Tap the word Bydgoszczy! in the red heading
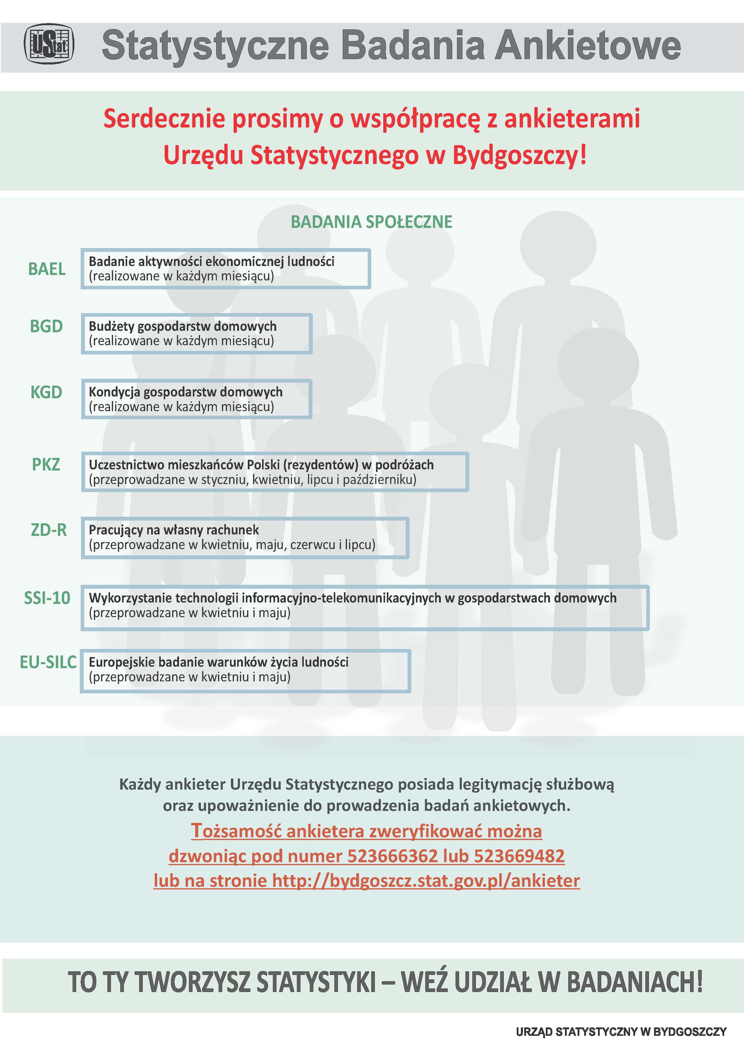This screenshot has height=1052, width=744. (x=519, y=155)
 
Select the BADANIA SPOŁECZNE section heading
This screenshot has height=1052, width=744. (x=372, y=222)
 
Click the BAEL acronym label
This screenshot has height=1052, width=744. (x=47, y=269)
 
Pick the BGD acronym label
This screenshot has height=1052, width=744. (x=46, y=326)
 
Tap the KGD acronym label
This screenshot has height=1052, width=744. (x=46, y=392)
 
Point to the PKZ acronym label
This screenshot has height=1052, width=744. (x=46, y=465)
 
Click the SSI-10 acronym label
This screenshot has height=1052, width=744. (x=47, y=598)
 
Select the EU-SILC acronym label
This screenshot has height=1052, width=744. (x=48, y=662)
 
